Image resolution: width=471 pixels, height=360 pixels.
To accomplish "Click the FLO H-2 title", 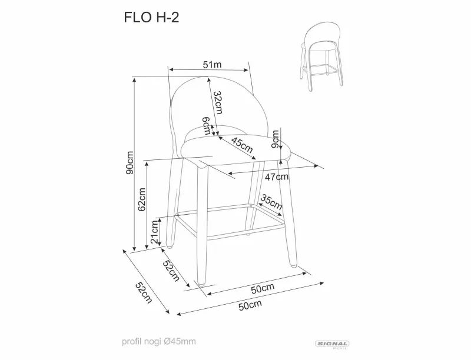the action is point(151,18).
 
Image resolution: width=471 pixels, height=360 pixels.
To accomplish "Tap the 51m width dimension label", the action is point(212,64).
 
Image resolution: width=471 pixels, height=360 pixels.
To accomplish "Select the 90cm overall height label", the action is point(130,163).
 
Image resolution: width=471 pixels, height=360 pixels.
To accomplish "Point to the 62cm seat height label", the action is point(142,199).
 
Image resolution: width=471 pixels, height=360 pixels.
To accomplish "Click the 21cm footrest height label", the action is point(155,232).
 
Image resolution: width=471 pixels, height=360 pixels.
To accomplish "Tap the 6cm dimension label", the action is point(207,126).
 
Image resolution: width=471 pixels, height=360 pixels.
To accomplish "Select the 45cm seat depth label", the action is point(242,145).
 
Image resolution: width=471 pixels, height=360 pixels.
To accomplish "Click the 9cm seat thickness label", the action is point(275,139).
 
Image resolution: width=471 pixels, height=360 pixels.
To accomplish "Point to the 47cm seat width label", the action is point(276,177).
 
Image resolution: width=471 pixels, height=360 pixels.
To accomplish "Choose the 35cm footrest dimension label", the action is point(271,202).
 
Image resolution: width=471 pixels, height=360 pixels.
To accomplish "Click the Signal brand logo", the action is point(332,344).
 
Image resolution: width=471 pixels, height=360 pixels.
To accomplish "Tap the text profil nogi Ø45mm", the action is point(159,341).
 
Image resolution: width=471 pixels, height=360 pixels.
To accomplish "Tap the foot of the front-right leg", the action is point(293,265).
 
